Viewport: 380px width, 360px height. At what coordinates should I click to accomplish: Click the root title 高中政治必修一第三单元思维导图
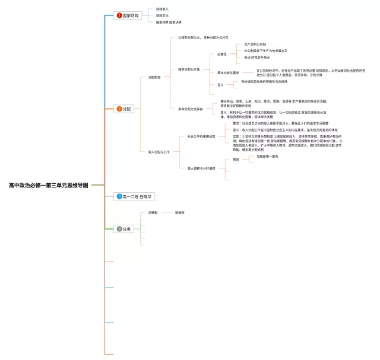(x=48, y=186)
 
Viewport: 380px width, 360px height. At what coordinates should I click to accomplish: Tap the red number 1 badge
(x=119, y=15)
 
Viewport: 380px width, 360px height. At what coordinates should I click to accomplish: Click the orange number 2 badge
(x=119, y=109)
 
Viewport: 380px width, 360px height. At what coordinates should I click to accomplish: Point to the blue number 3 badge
(x=119, y=196)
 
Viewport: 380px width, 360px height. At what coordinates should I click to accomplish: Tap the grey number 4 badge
(x=119, y=229)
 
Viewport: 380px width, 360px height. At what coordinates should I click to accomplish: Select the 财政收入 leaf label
(x=162, y=9)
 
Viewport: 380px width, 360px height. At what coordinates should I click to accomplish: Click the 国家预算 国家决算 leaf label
(x=169, y=22)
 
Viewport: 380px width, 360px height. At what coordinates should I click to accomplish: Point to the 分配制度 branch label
(x=154, y=77)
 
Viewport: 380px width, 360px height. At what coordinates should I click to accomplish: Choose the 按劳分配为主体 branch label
(x=189, y=69)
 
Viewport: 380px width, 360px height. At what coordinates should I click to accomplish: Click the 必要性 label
(x=221, y=54)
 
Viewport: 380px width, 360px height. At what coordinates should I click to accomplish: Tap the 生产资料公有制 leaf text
(x=255, y=44)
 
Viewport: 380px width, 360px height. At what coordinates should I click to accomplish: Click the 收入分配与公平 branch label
(x=159, y=152)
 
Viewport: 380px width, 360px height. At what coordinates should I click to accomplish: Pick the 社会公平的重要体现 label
(x=201, y=137)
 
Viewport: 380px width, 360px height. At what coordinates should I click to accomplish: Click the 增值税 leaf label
(x=179, y=212)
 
